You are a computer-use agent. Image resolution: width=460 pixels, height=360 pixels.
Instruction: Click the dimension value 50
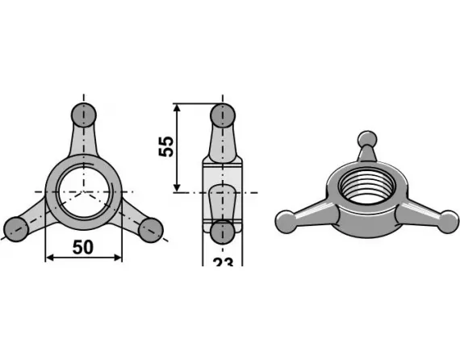(x=82, y=247)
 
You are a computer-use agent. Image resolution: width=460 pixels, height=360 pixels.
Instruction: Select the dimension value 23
(x=223, y=264)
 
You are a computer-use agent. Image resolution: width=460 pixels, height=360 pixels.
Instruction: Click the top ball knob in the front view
(x=84, y=114)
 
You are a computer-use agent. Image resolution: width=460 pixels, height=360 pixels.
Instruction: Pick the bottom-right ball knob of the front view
(x=151, y=229)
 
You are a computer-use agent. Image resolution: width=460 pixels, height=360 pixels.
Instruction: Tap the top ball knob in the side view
(x=223, y=114)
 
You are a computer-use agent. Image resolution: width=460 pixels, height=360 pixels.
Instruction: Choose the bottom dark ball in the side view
(x=223, y=232)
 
